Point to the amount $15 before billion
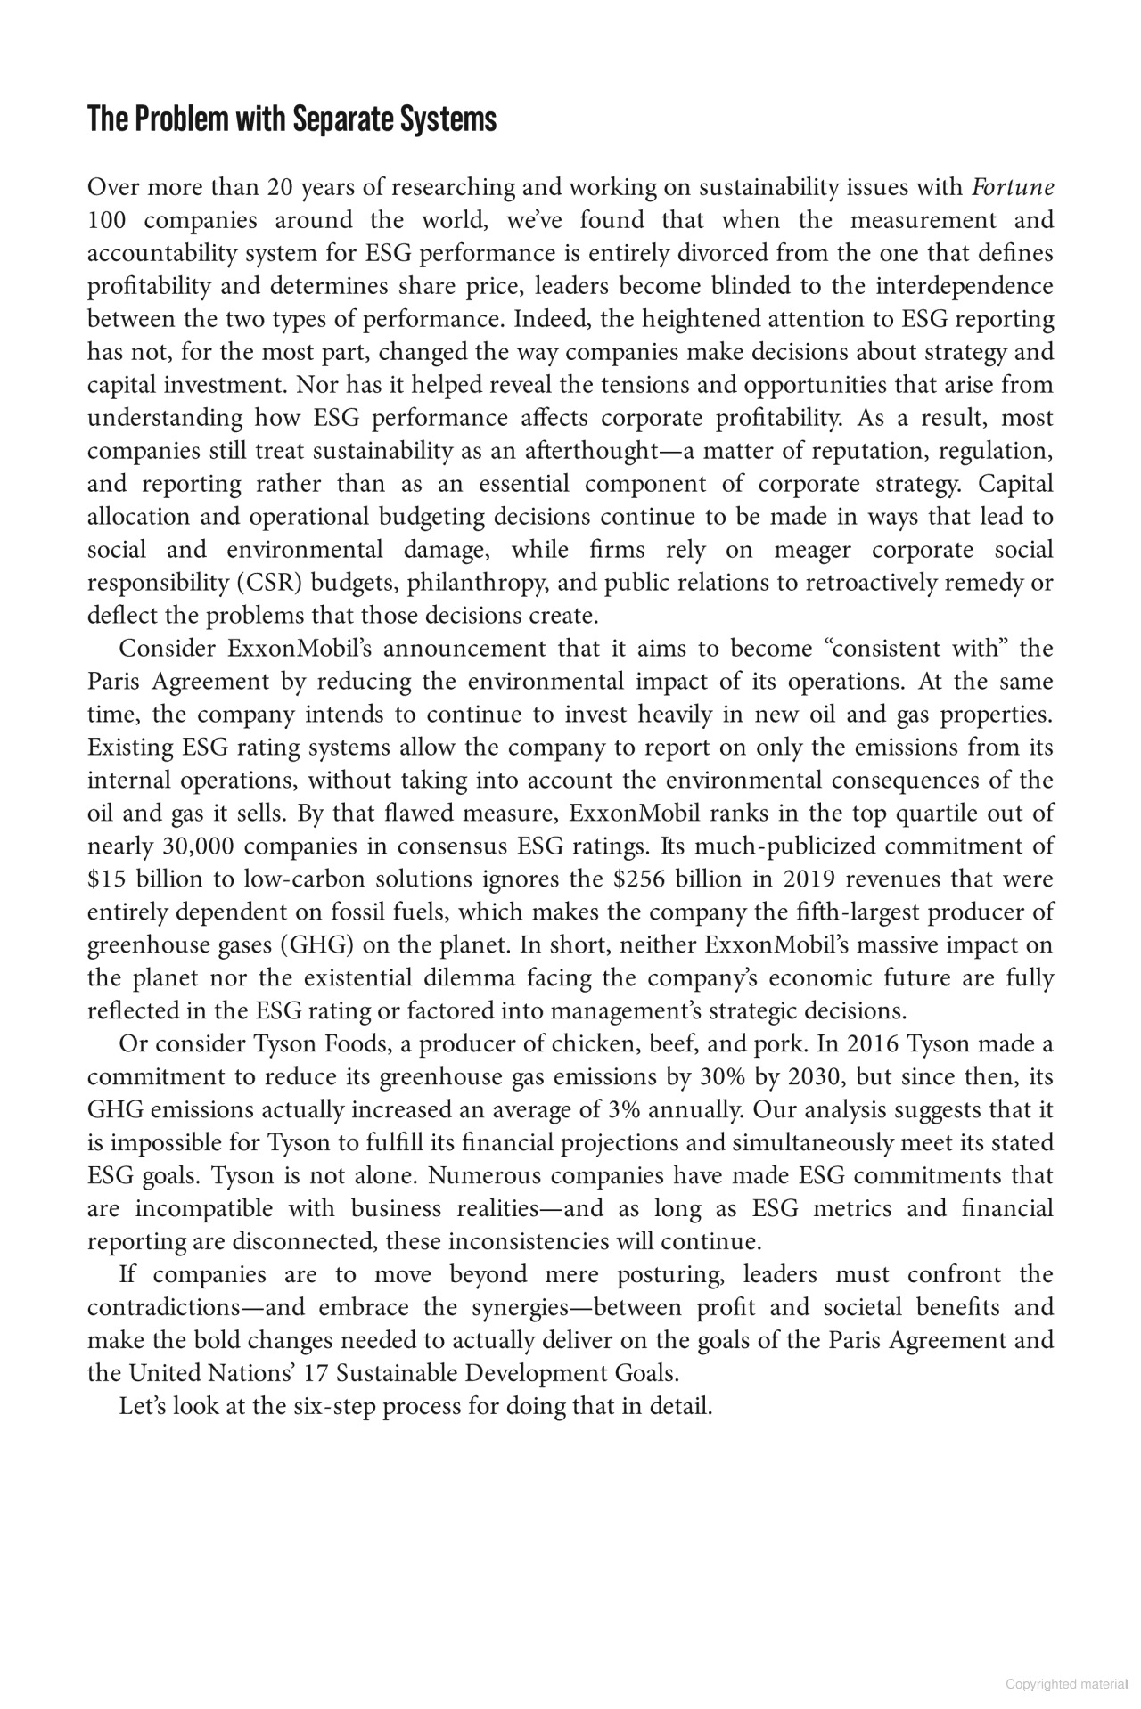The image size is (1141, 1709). point(104,879)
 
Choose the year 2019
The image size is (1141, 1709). point(809,879)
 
